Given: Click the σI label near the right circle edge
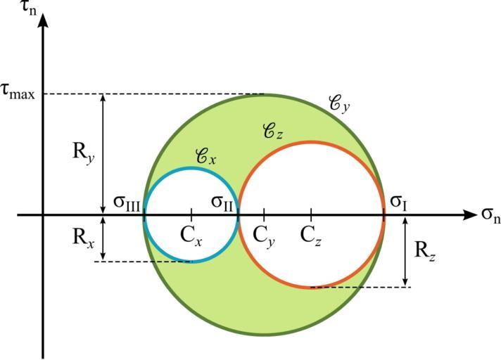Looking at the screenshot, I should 398,202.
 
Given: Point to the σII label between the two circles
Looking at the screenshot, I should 224,202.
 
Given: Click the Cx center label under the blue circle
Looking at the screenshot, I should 191,236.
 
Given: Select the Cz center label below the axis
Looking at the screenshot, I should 311,236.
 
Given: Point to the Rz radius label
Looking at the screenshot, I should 424,251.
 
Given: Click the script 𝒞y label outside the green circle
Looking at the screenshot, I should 340,103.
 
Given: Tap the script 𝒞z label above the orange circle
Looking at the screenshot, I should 272,131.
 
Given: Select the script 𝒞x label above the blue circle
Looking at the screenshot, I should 204,157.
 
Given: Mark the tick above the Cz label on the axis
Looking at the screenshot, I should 311,214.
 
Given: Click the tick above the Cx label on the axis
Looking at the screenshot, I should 191,214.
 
